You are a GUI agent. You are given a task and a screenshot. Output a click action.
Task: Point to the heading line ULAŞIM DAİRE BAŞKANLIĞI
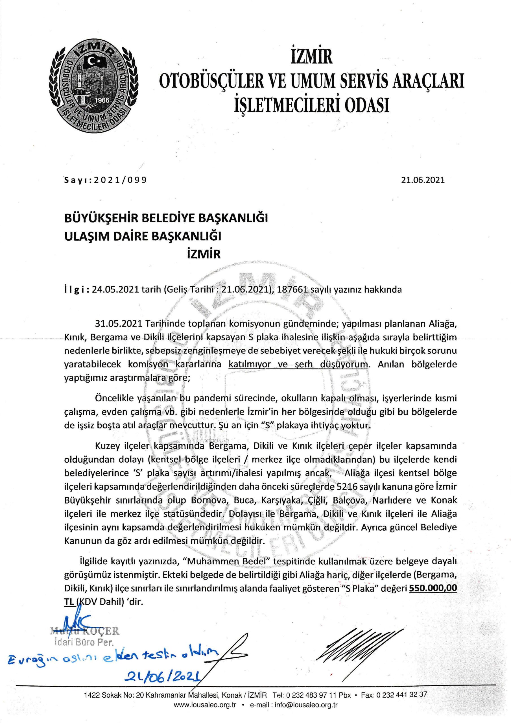[x=143, y=236]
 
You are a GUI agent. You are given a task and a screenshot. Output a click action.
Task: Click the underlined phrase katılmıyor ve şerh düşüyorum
[x=298, y=364]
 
